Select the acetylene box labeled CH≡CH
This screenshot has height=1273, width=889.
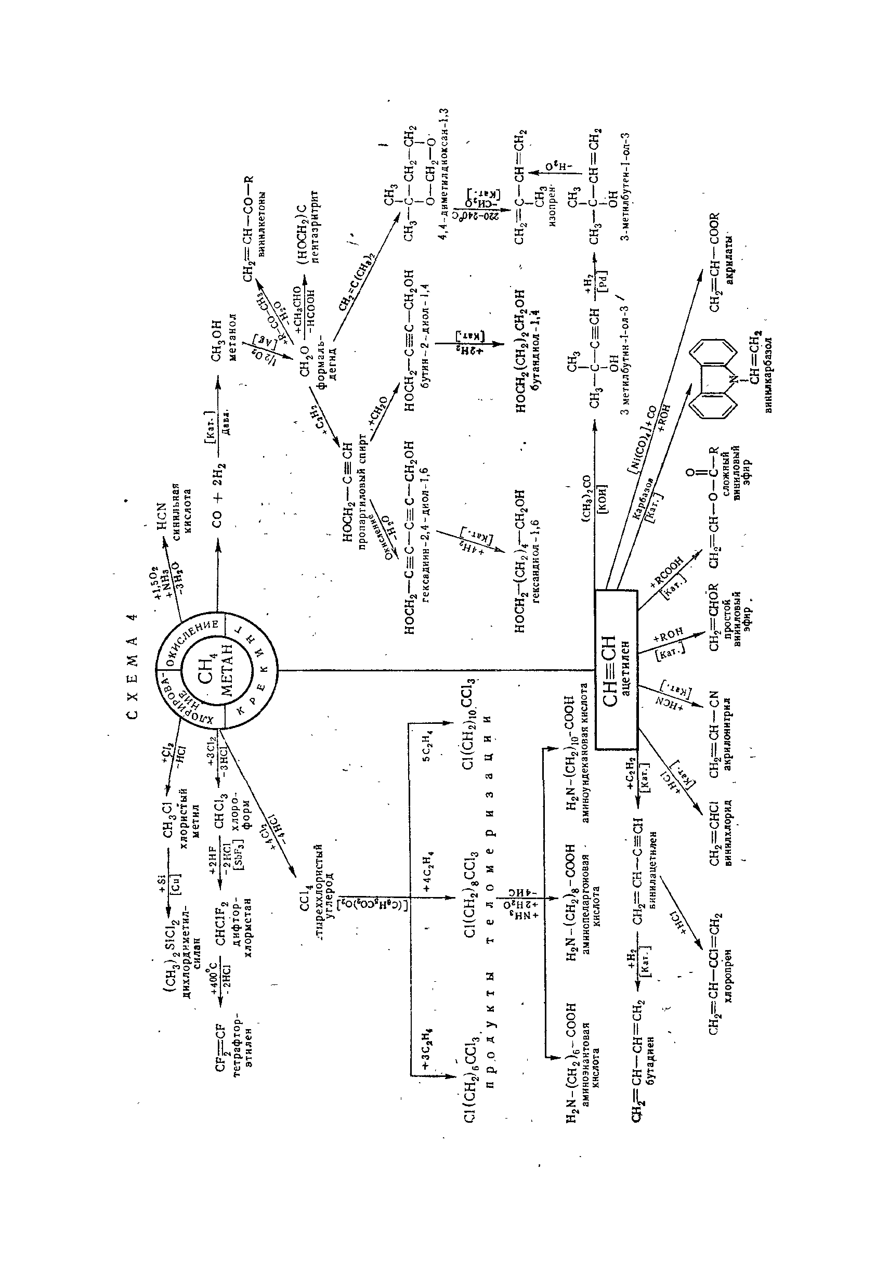point(616,670)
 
